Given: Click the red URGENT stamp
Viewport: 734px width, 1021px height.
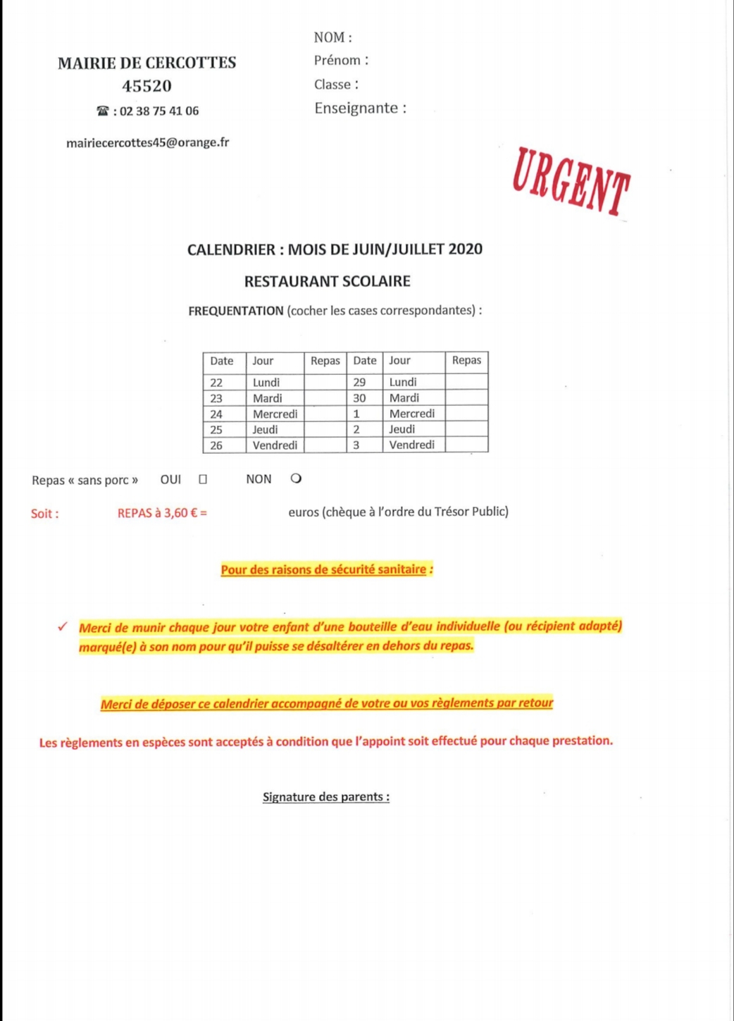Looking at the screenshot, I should pyautogui.click(x=571, y=182).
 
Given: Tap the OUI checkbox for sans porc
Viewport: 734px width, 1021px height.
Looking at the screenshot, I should pyautogui.click(x=203, y=479).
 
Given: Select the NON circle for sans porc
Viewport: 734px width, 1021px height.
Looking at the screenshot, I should pyautogui.click(x=296, y=478).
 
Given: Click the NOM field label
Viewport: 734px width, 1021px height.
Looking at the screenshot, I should pyautogui.click(x=332, y=37).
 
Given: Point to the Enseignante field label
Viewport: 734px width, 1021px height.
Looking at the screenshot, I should pyautogui.click(x=360, y=108).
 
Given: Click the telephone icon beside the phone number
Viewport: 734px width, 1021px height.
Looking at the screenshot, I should pyautogui.click(x=103, y=111).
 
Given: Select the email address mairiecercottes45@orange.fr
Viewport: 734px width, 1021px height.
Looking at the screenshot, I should pyautogui.click(x=147, y=142).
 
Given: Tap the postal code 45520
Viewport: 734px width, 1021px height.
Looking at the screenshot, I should pyautogui.click(x=147, y=86).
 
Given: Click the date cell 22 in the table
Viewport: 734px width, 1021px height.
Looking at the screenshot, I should pyautogui.click(x=216, y=383).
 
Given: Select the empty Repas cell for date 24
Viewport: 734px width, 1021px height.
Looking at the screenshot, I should pyautogui.click(x=325, y=414).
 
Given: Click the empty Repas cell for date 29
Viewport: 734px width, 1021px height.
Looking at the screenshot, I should pyautogui.click(x=466, y=382).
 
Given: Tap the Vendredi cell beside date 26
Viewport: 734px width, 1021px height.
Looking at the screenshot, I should pyautogui.click(x=275, y=445).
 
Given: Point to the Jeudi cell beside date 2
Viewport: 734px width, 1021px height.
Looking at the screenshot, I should pyautogui.click(x=402, y=429).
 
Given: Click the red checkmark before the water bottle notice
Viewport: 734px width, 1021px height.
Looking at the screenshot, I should pyautogui.click(x=63, y=626).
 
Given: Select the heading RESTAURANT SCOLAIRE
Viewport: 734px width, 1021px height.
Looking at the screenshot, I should pyautogui.click(x=327, y=281).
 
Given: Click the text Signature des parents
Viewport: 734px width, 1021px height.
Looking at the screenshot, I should pyautogui.click(x=325, y=797).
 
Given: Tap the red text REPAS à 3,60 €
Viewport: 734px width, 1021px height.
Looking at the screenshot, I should pyautogui.click(x=162, y=513).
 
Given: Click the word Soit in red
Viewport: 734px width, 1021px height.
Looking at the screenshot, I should pyautogui.click(x=44, y=514).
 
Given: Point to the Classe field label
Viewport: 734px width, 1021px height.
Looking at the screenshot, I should pyautogui.click(x=336, y=85).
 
